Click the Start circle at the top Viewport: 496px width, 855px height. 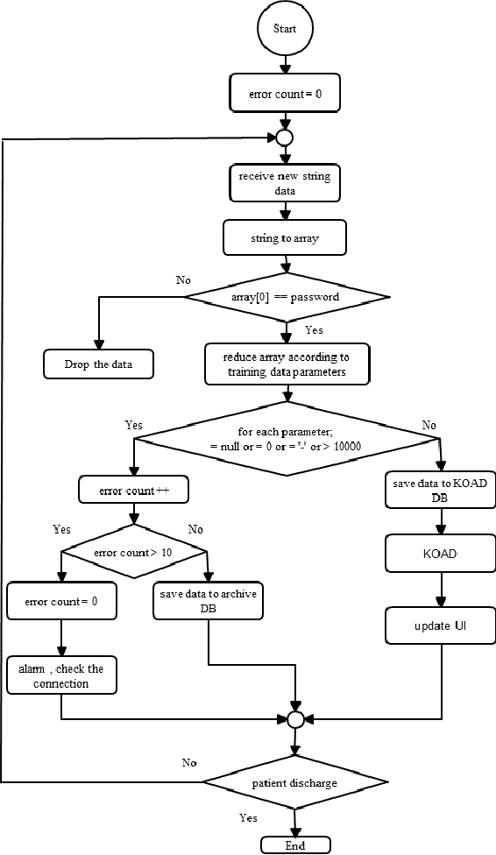[285, 29]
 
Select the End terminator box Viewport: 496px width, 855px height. [295, 845]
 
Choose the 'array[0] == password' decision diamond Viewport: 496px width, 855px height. [286, 297]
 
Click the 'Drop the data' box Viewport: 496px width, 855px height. [98, 364]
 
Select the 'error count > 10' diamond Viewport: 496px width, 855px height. [133, 553]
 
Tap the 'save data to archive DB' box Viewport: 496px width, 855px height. [208, 602]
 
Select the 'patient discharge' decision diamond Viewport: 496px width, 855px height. [294, 782]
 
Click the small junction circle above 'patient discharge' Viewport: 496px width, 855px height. [295, 719]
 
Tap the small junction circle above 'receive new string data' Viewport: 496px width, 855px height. [283, 138]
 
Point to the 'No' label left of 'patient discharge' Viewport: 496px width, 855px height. [189, 762]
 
